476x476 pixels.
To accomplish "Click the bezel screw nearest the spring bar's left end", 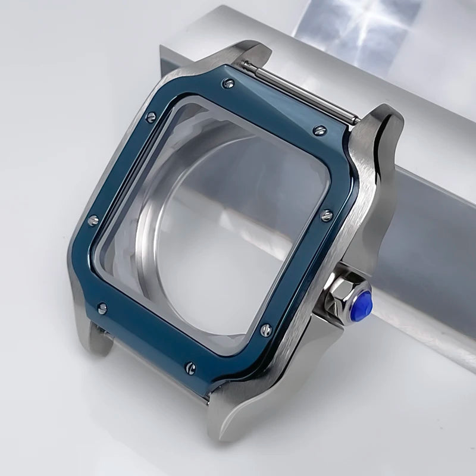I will tap(227, 84).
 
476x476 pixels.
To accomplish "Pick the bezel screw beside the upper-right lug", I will tap(320, 129).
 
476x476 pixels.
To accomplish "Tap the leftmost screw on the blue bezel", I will tap(93, 221).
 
